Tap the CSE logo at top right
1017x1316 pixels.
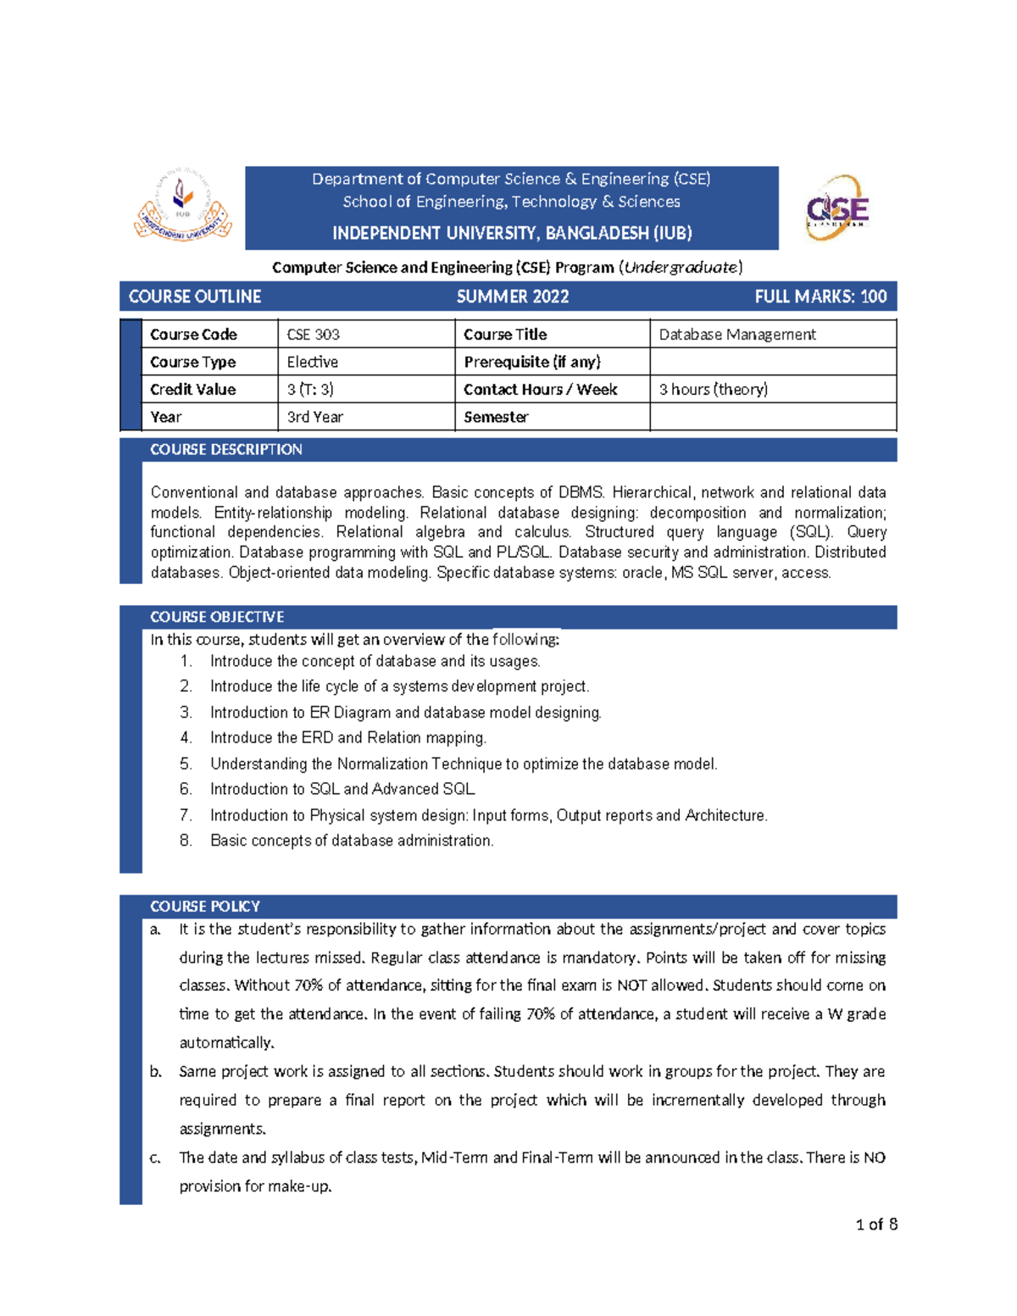(x=836, y=208)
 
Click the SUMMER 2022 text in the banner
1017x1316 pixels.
(x=512, y=297)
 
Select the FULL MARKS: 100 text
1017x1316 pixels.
(x=820, y=297)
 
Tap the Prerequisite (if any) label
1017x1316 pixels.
(x=531, y=362)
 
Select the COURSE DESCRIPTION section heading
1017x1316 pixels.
(x=225, y=450)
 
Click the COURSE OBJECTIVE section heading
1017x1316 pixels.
(x=217, y=617)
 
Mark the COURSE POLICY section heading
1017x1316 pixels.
(x=204, y=906)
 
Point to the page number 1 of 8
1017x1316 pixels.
(x=876, y=1224)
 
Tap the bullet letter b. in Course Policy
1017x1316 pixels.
(x=156, y=1072)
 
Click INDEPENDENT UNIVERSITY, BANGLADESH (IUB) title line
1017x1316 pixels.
(x=512, y=233)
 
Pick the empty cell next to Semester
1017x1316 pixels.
(x=772, y=417)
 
